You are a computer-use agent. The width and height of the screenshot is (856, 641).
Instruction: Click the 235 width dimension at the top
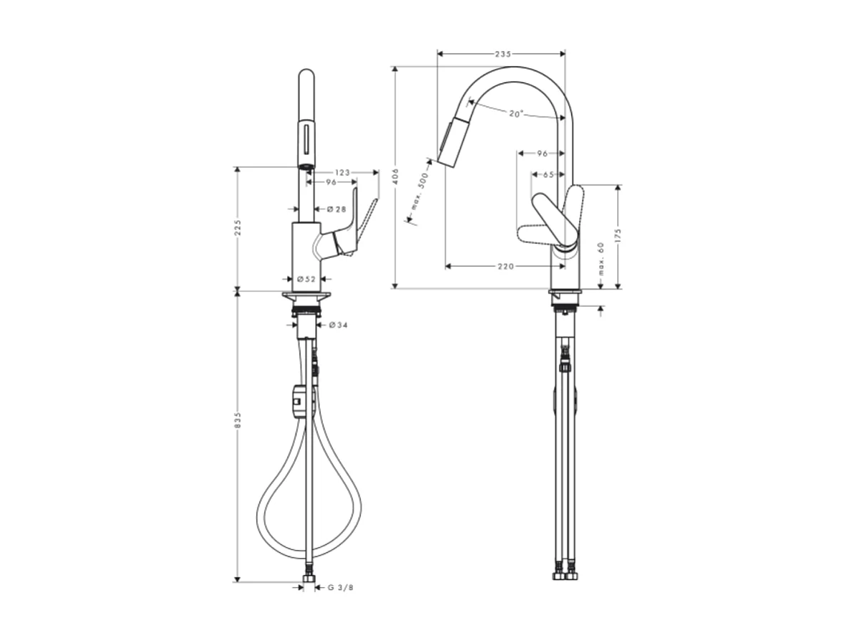point(502,54)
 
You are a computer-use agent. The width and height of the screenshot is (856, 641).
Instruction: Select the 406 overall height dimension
point(394,177)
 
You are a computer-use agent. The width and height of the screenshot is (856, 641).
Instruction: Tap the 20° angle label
point(516,113)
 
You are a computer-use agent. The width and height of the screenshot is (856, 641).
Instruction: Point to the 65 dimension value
point(547,174)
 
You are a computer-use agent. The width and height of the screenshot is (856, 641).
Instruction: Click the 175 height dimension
point(617,236)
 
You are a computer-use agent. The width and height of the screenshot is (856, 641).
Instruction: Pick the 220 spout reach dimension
point(505,266)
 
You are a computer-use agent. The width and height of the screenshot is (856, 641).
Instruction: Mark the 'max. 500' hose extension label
point(419,195)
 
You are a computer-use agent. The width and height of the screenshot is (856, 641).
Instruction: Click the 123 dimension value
point(342,172)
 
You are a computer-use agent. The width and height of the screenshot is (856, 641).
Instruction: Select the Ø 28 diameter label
point(337,209)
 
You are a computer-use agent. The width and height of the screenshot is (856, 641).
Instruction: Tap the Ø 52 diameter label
point(307,278)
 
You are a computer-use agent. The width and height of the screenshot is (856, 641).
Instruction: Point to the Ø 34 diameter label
point(338,326)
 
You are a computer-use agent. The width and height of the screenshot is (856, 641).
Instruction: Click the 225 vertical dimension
point(237,228)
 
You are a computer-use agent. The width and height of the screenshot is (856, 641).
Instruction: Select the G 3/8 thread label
point(340,588)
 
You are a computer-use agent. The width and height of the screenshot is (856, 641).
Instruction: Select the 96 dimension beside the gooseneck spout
point(542,153)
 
